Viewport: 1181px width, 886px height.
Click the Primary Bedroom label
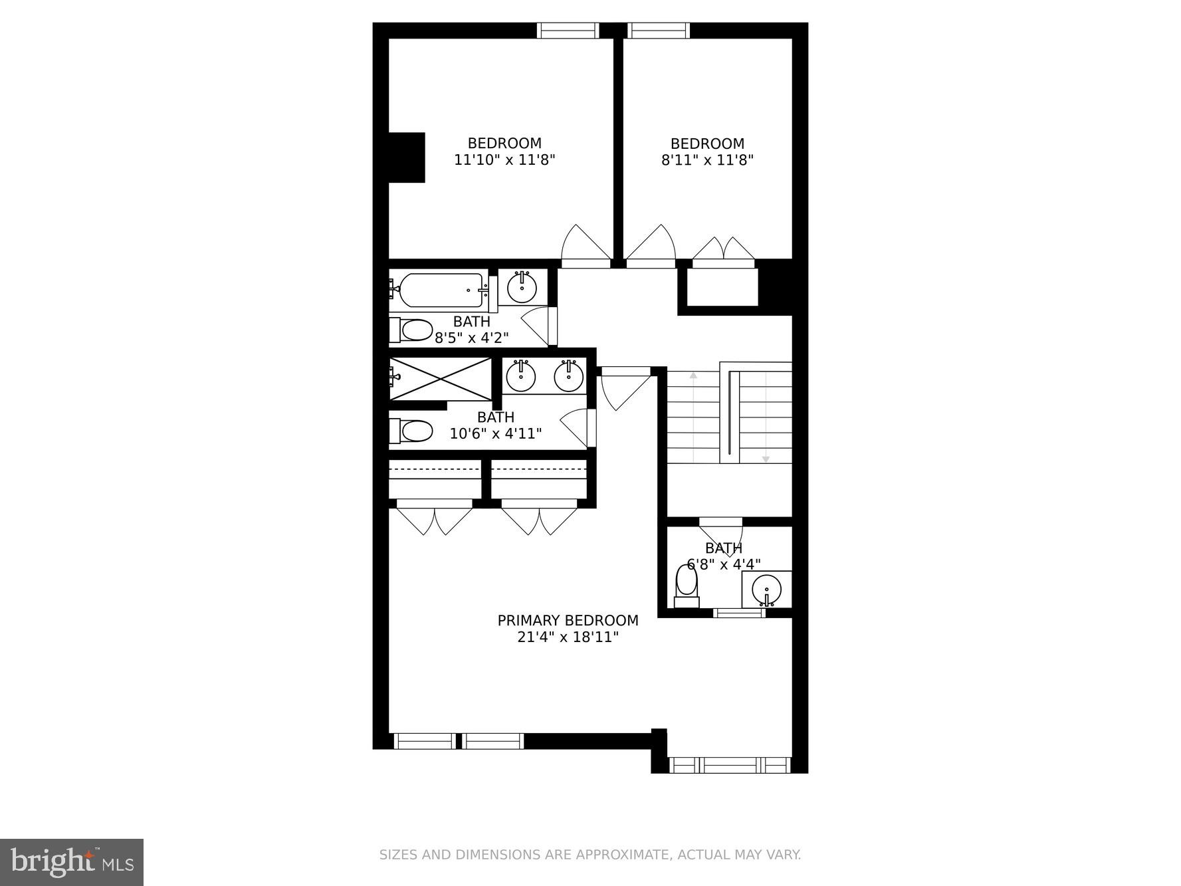[568, 620]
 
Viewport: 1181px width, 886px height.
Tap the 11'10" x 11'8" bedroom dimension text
[504, 160]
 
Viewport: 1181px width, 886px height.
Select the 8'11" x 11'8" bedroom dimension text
[707, 160]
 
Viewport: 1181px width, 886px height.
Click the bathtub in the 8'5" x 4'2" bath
[441, 290]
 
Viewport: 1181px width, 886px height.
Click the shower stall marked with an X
[441, 379]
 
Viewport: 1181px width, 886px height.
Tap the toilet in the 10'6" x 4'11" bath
[412, 431]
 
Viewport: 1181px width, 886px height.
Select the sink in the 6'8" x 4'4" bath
[766, 589]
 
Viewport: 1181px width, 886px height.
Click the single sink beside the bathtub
[522, 287]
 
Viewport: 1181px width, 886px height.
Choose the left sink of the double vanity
[520, 377]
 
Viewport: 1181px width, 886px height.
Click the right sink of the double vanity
[569, 377]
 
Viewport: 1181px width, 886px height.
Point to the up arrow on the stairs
[693, 376]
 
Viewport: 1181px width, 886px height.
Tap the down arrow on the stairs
[766, 459]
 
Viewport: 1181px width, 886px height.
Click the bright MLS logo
[72, 862]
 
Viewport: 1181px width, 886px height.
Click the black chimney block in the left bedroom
[406, 158]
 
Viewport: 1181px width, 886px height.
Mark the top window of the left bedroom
[568, 31]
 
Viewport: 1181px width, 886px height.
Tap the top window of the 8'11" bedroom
[658, 31]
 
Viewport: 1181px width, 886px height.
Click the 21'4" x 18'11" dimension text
[568, 637]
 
